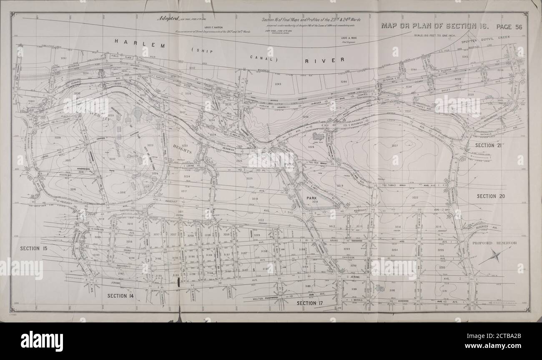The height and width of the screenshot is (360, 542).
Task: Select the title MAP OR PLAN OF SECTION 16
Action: (x=434, y=26)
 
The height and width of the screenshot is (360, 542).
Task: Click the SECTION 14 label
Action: (x=120, y=296)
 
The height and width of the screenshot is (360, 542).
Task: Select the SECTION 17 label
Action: (x=310, y=303)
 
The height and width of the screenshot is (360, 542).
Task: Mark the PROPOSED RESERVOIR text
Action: (x=494, y=243)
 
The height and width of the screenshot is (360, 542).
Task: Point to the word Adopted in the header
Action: (x=168, y=19)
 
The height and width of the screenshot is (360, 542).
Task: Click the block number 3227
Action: (x=394, y=145)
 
